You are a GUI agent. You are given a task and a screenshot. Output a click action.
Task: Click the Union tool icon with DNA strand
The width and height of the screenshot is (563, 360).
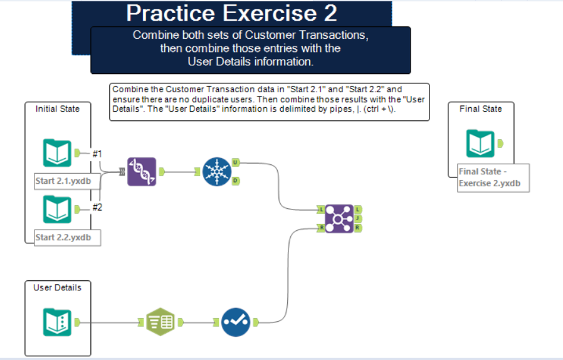(x=142, y=171)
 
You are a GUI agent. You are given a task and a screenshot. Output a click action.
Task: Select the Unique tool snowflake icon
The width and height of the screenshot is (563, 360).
(x=217, y=171)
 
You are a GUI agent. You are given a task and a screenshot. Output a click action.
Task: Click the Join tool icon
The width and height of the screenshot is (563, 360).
(x=339, y=218)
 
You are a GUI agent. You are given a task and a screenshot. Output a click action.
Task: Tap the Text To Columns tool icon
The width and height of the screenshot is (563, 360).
(x=160, y=322)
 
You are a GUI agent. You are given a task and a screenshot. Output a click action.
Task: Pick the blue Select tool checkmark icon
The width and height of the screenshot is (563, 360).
(x=236, y=322)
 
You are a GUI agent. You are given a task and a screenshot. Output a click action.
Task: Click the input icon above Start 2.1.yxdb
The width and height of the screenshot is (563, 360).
(x=57, y=153)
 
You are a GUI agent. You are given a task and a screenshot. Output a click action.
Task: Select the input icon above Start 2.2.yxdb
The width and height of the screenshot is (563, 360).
(x=57, y=209)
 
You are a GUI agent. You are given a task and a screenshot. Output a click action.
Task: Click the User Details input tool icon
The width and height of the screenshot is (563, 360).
(x=57, y=322)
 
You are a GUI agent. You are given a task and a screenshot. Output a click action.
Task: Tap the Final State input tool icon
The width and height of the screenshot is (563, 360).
(x=480, y=144)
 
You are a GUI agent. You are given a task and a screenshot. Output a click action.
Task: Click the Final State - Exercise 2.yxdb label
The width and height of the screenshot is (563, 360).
(x=492, y=177)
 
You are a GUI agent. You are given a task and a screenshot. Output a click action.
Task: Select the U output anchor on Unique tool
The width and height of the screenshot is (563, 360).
(x=236, y=162)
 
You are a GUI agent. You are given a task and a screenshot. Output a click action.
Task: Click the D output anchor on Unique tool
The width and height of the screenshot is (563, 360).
(x=236, y=181)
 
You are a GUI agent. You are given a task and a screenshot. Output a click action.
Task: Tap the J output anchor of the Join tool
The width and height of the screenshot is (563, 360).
(x=358, y=218)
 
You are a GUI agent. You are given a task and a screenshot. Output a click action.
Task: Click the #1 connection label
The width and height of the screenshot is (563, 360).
(x=97, y=153)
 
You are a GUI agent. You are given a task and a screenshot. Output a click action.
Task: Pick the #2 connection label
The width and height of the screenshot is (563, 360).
(x=97, y=208)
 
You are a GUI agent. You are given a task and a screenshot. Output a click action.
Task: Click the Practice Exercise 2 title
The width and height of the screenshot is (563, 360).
(x=231, y=13)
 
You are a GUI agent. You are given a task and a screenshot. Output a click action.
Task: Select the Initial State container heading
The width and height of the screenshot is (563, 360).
(x=57, y=109)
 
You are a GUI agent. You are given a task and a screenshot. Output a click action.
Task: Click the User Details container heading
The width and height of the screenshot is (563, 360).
(x=57, y=287)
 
